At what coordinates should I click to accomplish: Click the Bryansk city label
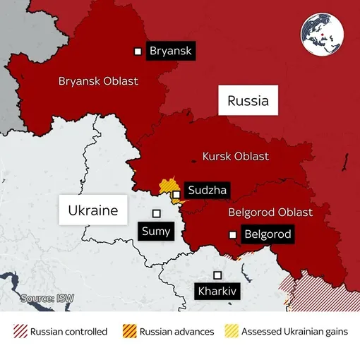(x=169, y=51)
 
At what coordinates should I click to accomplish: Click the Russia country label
(x=248, y=101)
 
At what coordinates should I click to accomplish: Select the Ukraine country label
(x=92, y=210)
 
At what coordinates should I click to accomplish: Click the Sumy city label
(x=156, y=231)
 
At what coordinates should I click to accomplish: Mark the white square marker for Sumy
(x=157, y=213)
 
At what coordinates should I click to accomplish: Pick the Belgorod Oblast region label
(x=270, y=212)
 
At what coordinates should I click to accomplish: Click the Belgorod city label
(x=266, y=235)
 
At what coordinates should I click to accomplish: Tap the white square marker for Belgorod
(x=232, y=235)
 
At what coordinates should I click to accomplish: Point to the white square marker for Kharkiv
(x=218, y=275)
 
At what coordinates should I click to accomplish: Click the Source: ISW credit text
(x=47, y=299)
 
